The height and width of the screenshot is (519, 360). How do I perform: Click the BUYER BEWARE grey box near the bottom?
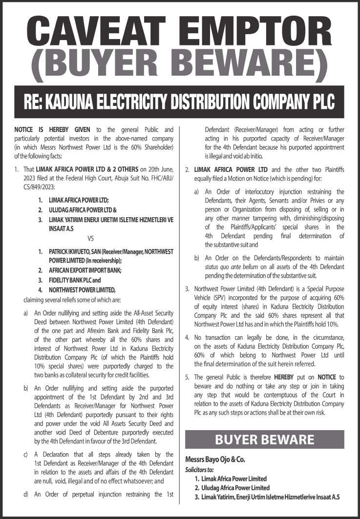[x=265, y=439]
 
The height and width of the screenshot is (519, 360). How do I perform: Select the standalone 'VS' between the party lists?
[x=90, y=239]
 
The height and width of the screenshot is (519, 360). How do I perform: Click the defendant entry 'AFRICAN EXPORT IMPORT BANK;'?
[x=85, y=270]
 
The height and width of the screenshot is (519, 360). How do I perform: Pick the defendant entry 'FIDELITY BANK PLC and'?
[x=75, y=280]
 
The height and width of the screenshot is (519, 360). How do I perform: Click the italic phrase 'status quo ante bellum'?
[x=231, y=267]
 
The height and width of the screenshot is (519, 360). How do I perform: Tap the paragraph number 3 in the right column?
[x=187, y=289]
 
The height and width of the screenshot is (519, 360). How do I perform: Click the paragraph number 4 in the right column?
[x=187, y=337]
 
